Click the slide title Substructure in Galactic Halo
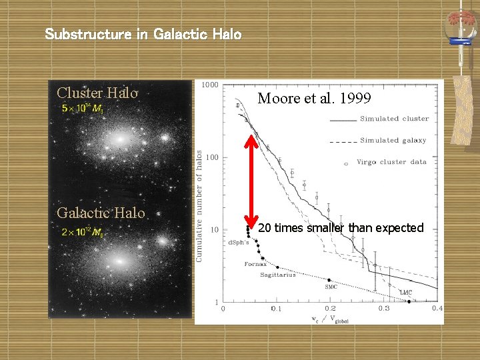click(x=143, y=33)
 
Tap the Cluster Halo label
click(x=97, y=93)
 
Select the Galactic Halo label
click(x=101, y=213)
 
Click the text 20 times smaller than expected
click(x=340, y=228)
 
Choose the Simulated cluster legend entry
click(x=394, y=119)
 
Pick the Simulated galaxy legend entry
click(x=393, y=140)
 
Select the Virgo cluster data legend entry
click(x=391, y=161)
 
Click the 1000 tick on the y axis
click(x=210, y=85)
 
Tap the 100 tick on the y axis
click(x=211, y=157)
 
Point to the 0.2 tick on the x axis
click(x=331, y=309)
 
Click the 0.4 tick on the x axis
click(x=437, y=309)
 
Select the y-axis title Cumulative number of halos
click(x=199, y=205)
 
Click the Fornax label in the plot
click(x=255, y=264)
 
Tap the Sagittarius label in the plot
click(x=277, y=275)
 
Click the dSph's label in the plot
click(x=238, y=242)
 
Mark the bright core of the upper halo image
click(x=120, y=141)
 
